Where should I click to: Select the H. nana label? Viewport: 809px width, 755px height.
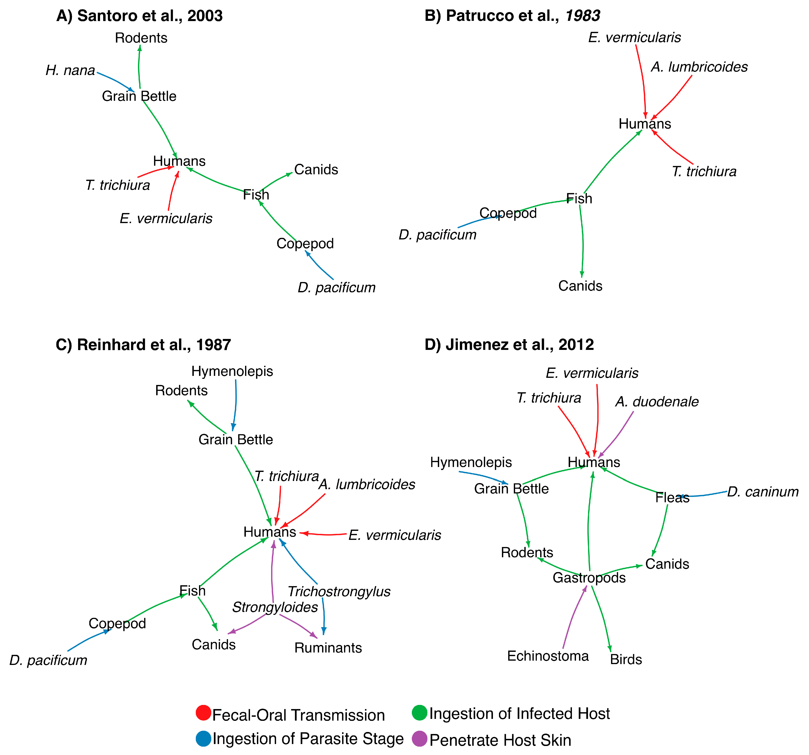[x=70, y=70]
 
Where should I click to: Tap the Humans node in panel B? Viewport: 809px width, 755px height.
[x=645, y=124]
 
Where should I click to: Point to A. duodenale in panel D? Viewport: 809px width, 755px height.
[x=657, y=402]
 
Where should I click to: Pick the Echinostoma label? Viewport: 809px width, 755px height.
[x=548, y=656]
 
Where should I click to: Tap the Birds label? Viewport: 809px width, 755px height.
[x=626, y=659]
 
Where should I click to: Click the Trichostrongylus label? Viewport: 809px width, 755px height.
[x=339, y=592]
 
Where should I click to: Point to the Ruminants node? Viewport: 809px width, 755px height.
[x=328, y=648]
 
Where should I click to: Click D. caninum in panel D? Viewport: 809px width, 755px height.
[x=763, y=492]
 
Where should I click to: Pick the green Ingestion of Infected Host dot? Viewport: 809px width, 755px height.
[x=420, y=712]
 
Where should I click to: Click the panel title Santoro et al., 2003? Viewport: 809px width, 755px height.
[x=140, y=16]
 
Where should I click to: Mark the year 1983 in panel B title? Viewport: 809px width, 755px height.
[x=583, y=16]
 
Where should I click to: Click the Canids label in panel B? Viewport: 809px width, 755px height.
[x=580, y=286]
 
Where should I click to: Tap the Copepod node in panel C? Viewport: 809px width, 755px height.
[x=117, y=623]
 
